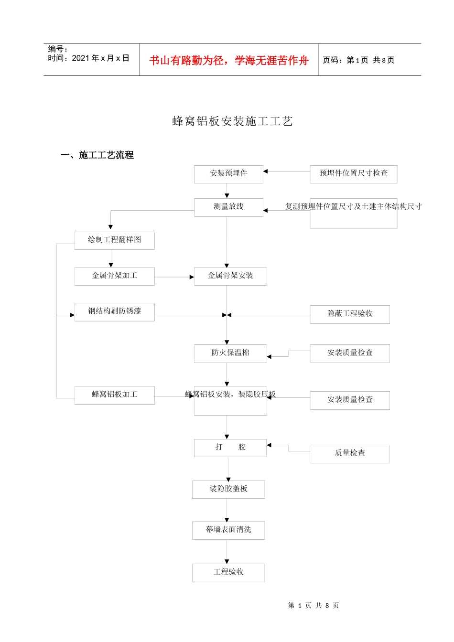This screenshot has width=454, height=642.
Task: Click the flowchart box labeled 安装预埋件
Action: [x=228, y=174]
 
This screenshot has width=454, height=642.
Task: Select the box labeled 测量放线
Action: [x=228, y=207]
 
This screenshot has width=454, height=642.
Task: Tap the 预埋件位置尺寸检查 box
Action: [x=353, y=174]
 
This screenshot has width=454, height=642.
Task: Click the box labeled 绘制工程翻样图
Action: [x=114, y=240]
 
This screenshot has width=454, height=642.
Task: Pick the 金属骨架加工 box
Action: [x=114, y=276]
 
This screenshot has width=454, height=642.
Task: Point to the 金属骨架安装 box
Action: [x=230, y=276]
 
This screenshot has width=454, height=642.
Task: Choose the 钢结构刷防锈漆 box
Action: [x=114, y=312]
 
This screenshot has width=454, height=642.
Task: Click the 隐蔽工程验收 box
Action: [x=349, y=314]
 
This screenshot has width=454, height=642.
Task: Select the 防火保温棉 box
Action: [x=230, y=353]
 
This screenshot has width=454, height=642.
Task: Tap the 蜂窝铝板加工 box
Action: [x=114, y=395]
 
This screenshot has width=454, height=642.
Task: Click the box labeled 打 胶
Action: [x=230, y=448]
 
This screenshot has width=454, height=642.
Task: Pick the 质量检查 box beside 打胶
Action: [x=349, y=453]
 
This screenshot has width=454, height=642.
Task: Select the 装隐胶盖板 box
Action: [x=228, y=489]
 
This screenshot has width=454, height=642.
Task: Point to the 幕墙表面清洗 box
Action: [x=228, y=530]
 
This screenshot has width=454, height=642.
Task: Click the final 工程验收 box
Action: [x=228, y=572]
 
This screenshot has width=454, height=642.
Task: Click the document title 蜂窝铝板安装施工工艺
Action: [x=232, y=121]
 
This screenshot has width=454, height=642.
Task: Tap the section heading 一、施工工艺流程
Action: [x=97, y=155]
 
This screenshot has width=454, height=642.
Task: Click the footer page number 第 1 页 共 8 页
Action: [x=313, y=606]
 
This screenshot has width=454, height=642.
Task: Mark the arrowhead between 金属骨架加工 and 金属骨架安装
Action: [x=192, y=277]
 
